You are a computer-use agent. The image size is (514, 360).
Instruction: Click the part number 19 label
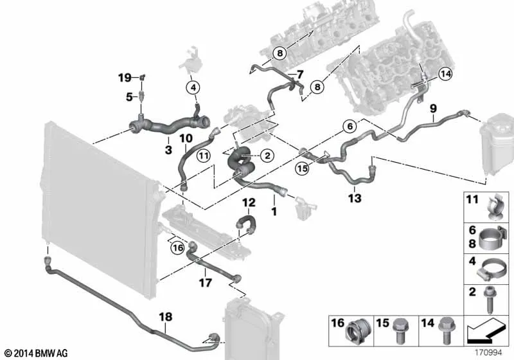point(125,78)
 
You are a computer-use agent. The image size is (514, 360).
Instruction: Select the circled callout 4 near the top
point(193,87)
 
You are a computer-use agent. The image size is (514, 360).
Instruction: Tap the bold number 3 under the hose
point(168,150)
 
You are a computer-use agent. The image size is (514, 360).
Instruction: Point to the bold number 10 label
point(186,138)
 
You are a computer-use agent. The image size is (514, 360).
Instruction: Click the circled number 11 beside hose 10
point(204,156)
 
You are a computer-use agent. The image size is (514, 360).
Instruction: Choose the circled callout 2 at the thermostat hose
point(267,156)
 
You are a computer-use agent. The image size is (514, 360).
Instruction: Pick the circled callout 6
point(350,126)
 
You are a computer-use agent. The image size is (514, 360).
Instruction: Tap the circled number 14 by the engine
point(445,74)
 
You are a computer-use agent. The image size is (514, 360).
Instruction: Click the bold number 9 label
point(433,108)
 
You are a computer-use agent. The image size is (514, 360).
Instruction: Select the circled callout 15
point(302,168)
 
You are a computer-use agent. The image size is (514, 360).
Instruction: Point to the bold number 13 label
point(355,198)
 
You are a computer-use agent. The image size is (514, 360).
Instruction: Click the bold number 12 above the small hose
point(249,203)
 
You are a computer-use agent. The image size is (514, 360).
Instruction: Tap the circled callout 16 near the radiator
point(178,248)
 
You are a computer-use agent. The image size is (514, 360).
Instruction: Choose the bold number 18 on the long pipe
point(166,317)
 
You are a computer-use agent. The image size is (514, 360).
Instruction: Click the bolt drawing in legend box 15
point(400,331)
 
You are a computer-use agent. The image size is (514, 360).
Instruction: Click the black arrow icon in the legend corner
point(485,332)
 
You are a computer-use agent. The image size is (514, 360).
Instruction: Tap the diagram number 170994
point(488,353)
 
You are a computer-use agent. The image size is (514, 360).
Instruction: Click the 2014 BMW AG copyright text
point(37,353)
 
